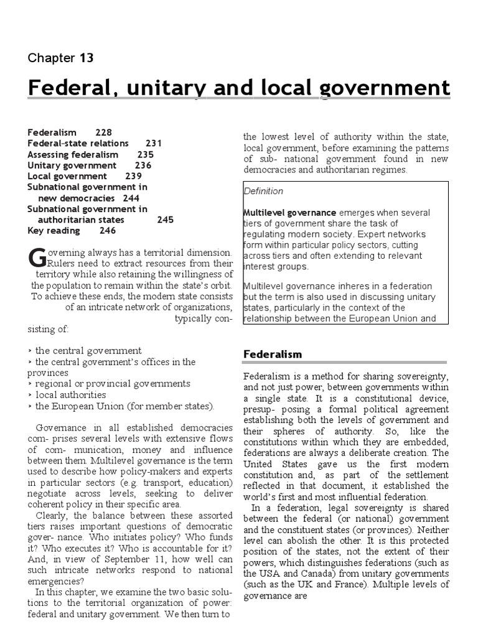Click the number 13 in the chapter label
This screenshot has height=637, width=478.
(86, 58)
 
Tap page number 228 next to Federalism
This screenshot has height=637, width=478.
(104, 133)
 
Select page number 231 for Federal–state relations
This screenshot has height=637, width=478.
(154, 143)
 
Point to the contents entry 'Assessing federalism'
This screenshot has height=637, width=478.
(73, 154)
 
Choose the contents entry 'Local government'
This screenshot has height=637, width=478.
(67, 176)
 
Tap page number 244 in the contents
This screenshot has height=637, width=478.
(131, 198)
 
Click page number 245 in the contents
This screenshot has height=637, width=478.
(166, 220)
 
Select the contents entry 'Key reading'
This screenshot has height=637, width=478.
(54, 231)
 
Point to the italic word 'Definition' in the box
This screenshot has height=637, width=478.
(263, 191)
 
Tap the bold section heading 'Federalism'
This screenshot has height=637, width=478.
(272, 355)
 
